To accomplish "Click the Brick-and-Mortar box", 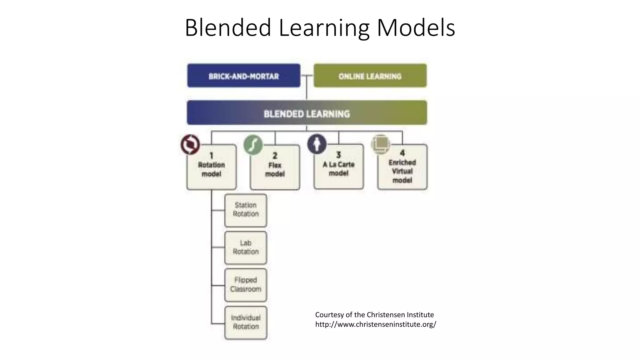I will pos(244,76).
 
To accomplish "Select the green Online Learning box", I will pos(370,76).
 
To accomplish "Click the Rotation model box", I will pos(212,167).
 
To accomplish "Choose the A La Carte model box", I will pos(339,167).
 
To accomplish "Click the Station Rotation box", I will pos(246,210).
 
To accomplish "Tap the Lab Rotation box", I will pos(246,247).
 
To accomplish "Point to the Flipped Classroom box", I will pos(246,285).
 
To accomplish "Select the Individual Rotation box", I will pos(246,322).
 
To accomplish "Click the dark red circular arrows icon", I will pos(190,145).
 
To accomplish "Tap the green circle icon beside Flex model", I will pos(253,145).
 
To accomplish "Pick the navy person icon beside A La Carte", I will pos(317,144).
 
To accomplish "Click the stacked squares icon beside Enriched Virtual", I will pos(381,144).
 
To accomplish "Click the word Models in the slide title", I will pos(416,28).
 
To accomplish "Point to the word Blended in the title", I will pos(228,28).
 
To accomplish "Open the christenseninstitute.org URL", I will pos(376,324).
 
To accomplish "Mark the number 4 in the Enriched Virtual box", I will pos(402,153).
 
